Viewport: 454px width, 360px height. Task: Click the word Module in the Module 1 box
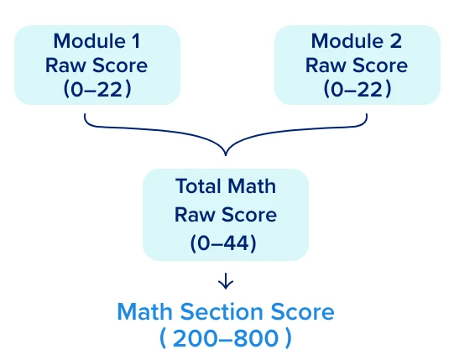pyautogui.click(x=90, y=41)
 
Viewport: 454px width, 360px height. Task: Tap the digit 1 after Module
pyautogui.click(x=136, y=41)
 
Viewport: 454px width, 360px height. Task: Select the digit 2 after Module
pyautogui.click(x=395, y=41)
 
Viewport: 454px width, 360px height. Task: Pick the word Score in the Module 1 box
pyautogui.click(x=120, y=65)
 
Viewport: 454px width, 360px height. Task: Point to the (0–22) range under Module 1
pyautogui.click(x=97, y=89)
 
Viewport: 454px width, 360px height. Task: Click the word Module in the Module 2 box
pyautogui.click(x=347, y=41)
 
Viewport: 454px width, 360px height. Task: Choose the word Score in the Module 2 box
pyautogui.click(x=380, y=65)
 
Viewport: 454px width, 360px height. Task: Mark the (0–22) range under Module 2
pyautogui.click(x=357, y=89)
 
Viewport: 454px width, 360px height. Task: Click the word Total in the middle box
pyautogui.click(x=199, y=185)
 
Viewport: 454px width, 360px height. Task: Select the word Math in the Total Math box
pyautogui.click(x=252, y=185)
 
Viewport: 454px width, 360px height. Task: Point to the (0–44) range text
pyautogui.click(x=223, y=243)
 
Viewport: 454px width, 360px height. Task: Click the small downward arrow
pyautogui.click(x=226, y=281)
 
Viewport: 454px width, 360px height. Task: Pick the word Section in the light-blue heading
pyautogui.click(x=222, y=312)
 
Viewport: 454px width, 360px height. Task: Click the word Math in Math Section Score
pyautogui.click(x=145, y=312)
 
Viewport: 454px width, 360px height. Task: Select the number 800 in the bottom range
pyautogui.click(x=256, y=338)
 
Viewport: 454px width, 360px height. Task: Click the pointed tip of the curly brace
pyautogui.click(x=226, y=155)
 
